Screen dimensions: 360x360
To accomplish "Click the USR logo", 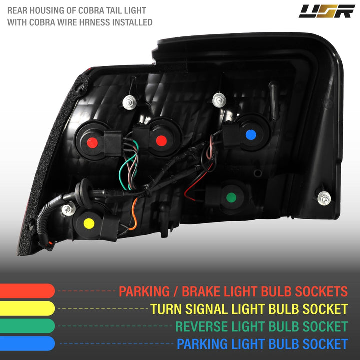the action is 327,11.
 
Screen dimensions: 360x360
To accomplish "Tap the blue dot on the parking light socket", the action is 251,135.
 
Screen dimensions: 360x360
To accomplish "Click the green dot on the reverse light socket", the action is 231,197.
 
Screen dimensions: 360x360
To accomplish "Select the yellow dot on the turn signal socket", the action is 89,223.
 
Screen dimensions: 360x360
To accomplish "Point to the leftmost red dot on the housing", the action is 92,143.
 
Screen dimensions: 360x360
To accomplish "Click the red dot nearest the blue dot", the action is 161,140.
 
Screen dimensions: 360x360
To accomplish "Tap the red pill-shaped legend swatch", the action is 27,291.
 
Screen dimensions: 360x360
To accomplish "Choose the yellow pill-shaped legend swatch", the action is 27,308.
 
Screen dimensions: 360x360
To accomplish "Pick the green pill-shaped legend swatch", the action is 27,326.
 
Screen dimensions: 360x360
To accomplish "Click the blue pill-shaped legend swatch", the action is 27,343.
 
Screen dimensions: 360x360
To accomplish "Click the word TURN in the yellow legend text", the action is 166,309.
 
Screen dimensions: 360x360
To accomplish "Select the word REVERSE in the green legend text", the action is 201,326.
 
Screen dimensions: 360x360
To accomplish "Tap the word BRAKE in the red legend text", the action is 201,291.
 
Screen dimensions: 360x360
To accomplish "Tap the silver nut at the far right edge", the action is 324,198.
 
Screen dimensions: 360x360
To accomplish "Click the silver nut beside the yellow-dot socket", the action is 68,209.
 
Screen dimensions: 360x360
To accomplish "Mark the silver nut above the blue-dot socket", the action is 219,100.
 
